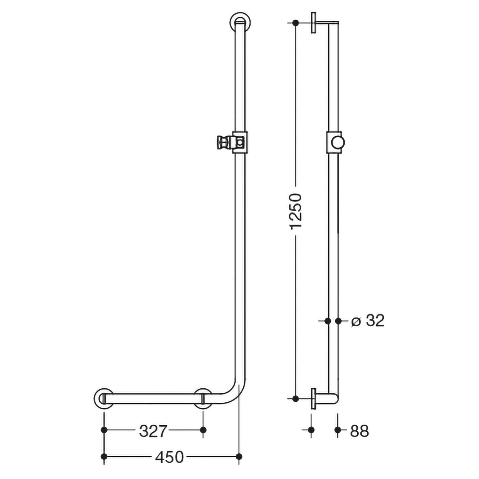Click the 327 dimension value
(x=153, y=431)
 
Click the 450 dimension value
(x=169, y=457)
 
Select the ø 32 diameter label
(x=368, y=321)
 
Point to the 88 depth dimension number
(x=360, y=431)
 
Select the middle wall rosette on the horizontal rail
(x=203, y=399)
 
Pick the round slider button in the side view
(x=338, y=142)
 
